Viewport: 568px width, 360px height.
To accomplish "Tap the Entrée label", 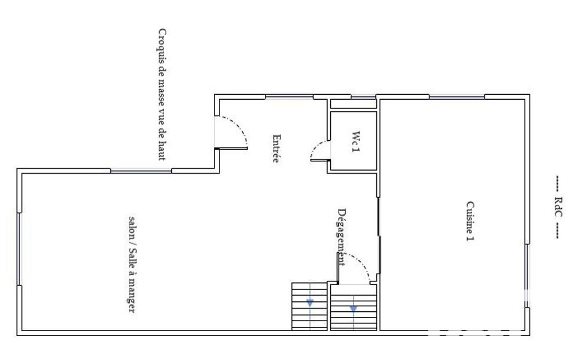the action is click(x=277, y=148).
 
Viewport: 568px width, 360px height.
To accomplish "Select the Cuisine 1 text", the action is click(x=470, y=221).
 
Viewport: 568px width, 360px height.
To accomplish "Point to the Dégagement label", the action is click(x=341, y=237).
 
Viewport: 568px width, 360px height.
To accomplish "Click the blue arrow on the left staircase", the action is click(x=310, y=303).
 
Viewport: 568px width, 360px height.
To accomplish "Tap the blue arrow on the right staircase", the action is click(x=354, y=309).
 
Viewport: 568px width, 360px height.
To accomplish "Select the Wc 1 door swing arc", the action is click(x=316, y=146).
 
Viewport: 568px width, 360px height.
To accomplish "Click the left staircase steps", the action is click(x=310, y=306).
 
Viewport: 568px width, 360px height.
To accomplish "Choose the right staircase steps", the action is click(x=354, y=307).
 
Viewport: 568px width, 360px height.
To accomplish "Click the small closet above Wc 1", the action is click(x=354, y=104).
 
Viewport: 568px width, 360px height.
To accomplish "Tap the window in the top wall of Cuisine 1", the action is click(x=457, y=97).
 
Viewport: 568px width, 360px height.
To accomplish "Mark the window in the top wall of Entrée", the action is click(x=289, y=97).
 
